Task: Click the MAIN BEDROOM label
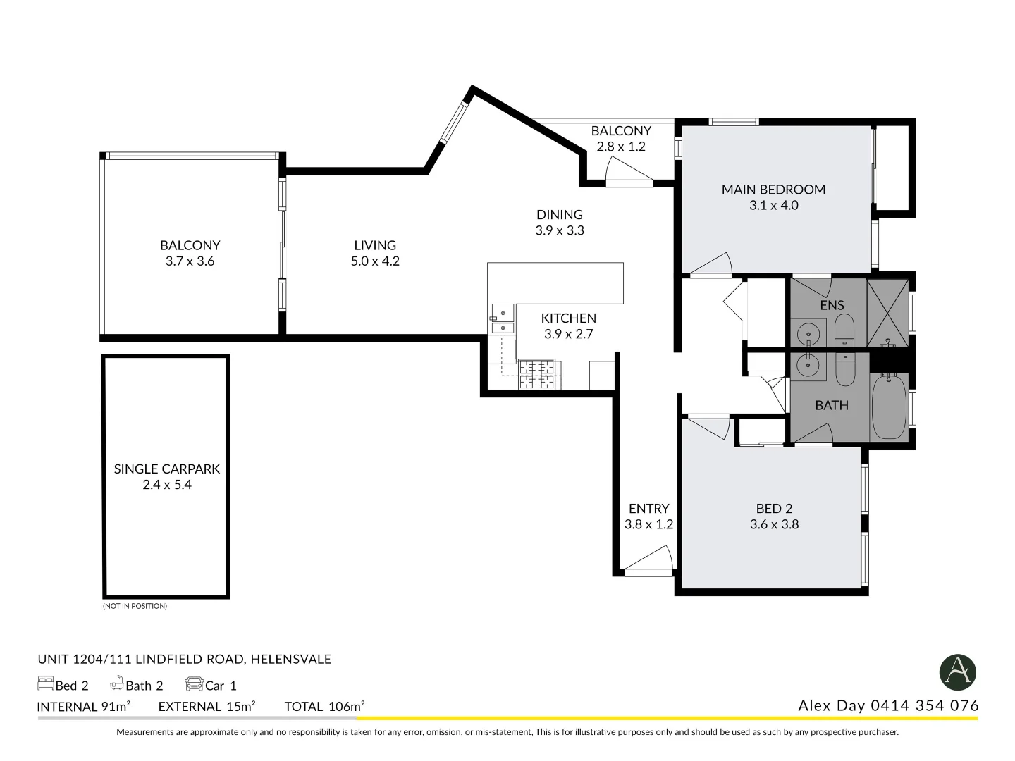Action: (x=773, y=190)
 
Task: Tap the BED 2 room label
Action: (x=774, y=508)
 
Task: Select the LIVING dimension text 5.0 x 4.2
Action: (x=375, y=261)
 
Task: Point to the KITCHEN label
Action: (x=568, y=318)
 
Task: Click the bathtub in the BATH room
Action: (x=888, y=408)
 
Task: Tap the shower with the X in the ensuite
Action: (x=887, y=313)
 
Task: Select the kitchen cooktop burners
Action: (x=537, y=374)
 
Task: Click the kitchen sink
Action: (x=503, y=319)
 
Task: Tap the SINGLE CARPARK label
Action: (x=167, y=469)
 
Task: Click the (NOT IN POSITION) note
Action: (x=135, y=606)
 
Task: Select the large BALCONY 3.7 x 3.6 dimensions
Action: (x=190, y=261)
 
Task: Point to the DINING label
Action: (x=559, y=215)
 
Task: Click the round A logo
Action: (x=957, y=672)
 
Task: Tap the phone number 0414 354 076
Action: (x=925, y=705)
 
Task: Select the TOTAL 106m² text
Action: (x=324, y=706)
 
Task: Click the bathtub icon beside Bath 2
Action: (x=117, y=683)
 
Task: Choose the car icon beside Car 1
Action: (x=194, y=683)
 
